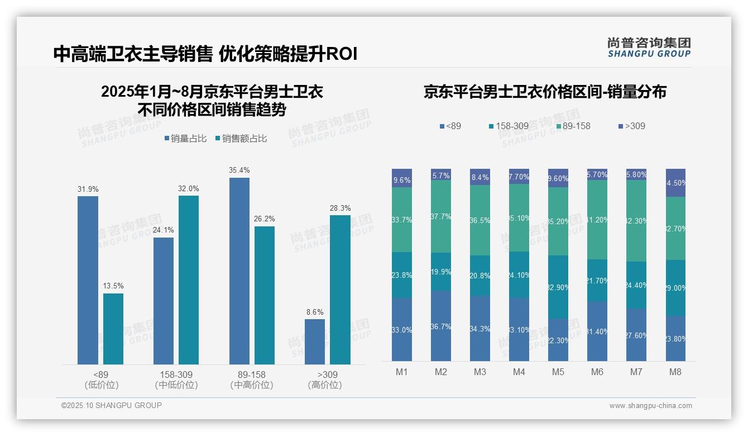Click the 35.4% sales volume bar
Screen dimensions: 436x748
(x=239, y=271)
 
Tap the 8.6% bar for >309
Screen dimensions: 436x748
(x=315, y=342)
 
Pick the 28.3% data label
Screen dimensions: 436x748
(x=341, y=208)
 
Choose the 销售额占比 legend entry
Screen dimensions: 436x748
(x=241, y=139)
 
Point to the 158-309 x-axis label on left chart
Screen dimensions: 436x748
(x=176, y=375)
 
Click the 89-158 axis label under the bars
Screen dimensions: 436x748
(x=252, y=375)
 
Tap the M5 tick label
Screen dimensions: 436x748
(x=558, y=372)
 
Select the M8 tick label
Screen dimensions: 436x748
(x=675, y=372)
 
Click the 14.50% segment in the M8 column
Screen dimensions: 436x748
(x=675, y=183)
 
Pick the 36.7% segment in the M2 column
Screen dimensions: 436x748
(x=441, y=326)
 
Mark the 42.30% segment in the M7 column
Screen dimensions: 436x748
(x=636, y=221)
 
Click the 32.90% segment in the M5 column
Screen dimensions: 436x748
(x=558, y=287)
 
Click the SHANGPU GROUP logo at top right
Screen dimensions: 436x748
(x=649, y=48)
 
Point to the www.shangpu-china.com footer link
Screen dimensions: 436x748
(x=650, y=406)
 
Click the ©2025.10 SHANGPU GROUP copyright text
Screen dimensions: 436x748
(x=112, y=405)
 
